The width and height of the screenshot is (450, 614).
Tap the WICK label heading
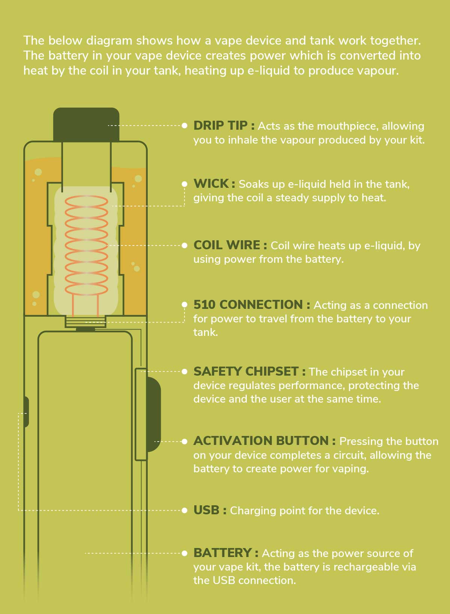pos(211,184)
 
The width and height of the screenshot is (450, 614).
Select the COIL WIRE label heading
pos(227,245)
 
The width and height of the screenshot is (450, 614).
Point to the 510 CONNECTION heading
pos(248,305)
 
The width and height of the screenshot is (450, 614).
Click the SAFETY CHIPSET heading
pos(246,371)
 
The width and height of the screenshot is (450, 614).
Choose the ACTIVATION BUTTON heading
pos(261,441)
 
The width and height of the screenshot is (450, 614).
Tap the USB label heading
pos(207,510)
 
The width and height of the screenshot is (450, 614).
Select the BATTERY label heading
pos(222,553)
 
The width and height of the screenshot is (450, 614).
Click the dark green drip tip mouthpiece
pos(86,124)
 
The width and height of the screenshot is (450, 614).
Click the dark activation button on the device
pos(154,414)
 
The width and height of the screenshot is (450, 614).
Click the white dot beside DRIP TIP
pos(184,126)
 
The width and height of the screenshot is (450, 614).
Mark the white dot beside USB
pos(184,510)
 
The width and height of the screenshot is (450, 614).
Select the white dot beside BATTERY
pos(184,553)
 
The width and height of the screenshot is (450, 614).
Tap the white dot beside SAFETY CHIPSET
pos(184,371)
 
